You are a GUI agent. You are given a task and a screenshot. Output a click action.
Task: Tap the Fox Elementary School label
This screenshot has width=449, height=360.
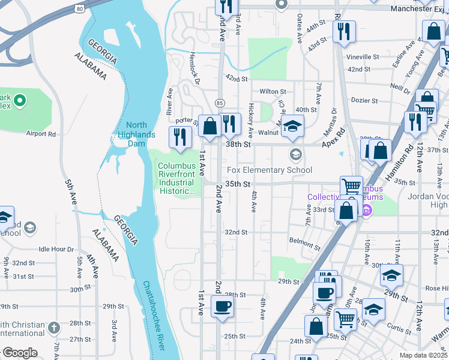pyautogui.click(x=269, y=170)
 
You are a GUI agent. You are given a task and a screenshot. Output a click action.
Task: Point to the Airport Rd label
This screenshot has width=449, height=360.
pyautogui.click(x=41, y=134)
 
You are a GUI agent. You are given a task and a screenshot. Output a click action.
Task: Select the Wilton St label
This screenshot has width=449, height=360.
pyautogui.click(x=273, y=92)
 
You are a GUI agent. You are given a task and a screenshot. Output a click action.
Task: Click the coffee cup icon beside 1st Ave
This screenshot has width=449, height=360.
pyautogui.click(x=221, y=307)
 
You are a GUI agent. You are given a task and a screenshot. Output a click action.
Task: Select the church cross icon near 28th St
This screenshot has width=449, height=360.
pyautogui.click(x=55, y=328)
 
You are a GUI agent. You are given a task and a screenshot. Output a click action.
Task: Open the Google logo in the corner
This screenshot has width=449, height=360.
pyautogui.click(x=19, y=353)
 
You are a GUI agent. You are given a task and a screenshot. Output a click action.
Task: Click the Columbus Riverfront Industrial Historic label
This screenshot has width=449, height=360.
pyautogui.click(x=176, y=179)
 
